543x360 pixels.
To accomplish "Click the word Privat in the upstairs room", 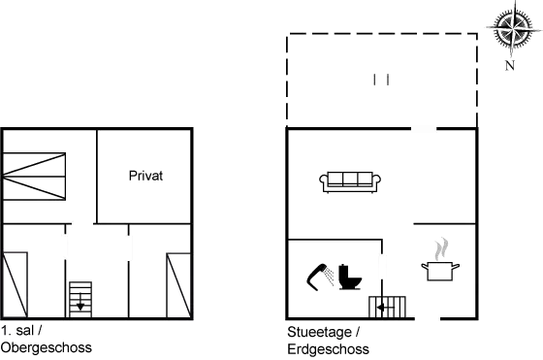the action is coord(145,177).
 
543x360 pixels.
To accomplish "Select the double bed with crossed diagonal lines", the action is coord(36,176).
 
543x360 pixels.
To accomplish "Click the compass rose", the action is coord(509,29).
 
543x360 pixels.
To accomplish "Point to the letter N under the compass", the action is coord(510,65).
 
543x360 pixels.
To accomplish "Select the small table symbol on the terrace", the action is coord(381,79).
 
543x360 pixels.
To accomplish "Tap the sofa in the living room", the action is coord(351,180).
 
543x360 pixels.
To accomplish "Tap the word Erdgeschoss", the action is coord(327,346).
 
